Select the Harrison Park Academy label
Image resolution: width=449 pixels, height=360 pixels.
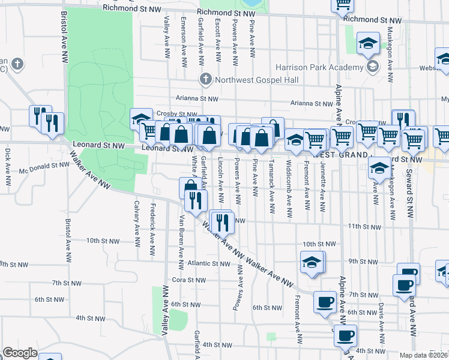[319, 67]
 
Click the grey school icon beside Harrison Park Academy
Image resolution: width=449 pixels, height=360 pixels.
[373, 67]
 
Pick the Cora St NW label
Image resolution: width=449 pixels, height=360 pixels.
[190, 280]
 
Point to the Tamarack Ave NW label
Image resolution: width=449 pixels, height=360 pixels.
[272, 186]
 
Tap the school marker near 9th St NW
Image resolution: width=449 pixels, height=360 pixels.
[312, 262]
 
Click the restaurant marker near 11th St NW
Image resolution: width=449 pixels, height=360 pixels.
[221, 223]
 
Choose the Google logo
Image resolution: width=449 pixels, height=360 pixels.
[20, 353]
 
